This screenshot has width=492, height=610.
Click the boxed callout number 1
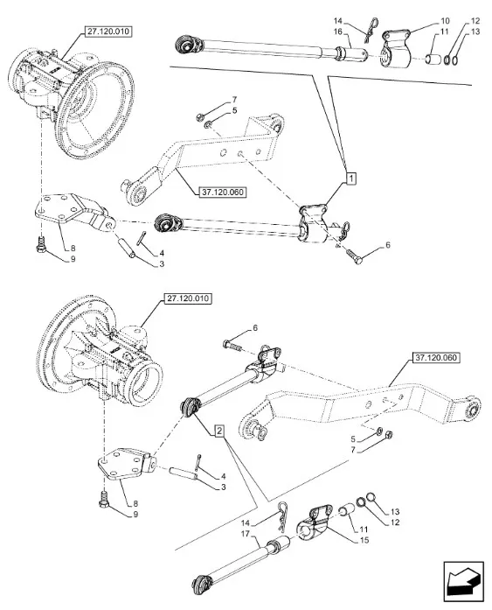click(350, 179)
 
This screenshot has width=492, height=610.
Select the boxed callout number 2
click(219, 431)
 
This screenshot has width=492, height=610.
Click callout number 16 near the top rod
click(338, 32)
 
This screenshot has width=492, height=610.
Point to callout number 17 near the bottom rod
click(245, 534)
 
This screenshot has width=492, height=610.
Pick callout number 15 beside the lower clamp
click(364, 540)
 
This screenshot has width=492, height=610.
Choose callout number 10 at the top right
click(445, 21)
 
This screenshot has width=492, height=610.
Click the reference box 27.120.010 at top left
click(108, 32)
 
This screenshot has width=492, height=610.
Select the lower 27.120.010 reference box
click(188, 298)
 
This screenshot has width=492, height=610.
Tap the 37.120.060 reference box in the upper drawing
click(223, 192)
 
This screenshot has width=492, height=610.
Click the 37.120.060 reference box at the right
click(436, 358)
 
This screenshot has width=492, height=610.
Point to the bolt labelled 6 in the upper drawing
click(354, 256)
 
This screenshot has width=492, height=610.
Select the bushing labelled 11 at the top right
click(433, 60)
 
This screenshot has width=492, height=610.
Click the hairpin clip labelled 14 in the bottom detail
click(281, 516)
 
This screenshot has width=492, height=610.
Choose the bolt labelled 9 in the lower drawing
click(104, 499)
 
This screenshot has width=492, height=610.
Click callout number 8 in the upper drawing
click(73, 249)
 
